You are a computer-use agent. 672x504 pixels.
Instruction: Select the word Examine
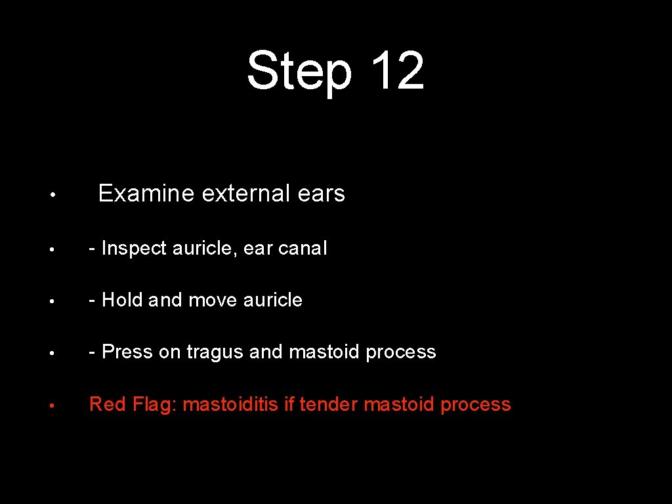[x=146, y=194]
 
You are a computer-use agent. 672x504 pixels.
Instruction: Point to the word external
[x=246, y=194]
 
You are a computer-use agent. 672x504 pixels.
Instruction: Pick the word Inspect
[x=135, y=248]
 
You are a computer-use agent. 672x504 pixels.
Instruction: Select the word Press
[x=127, y=352]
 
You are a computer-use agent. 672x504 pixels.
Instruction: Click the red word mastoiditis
[x=230, y=404]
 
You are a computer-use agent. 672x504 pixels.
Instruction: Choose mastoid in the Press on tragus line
[x=325, y=352]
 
